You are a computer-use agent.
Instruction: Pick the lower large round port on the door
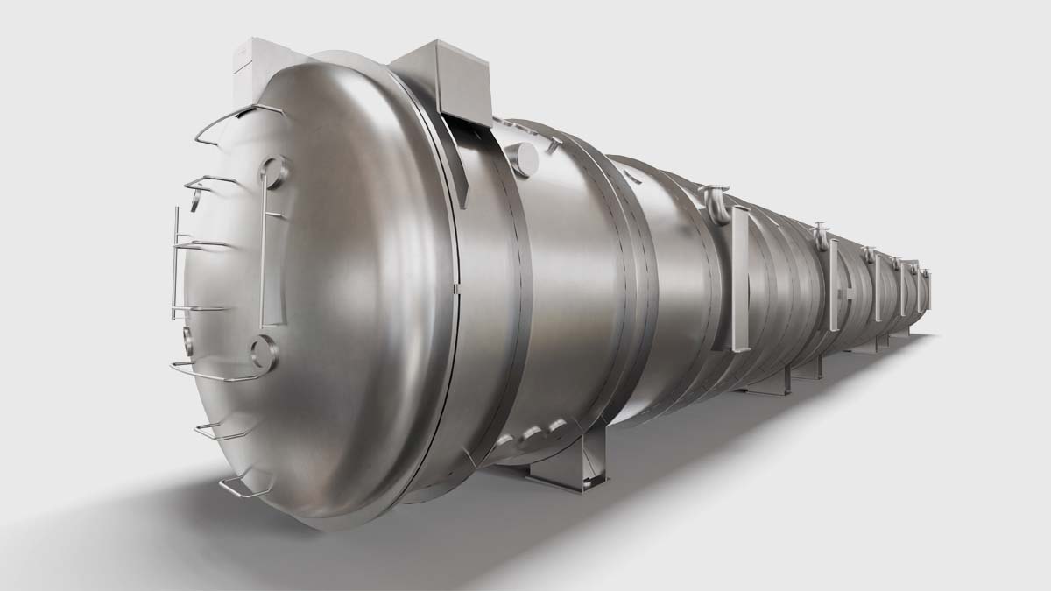264,352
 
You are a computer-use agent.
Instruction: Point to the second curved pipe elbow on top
820,234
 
